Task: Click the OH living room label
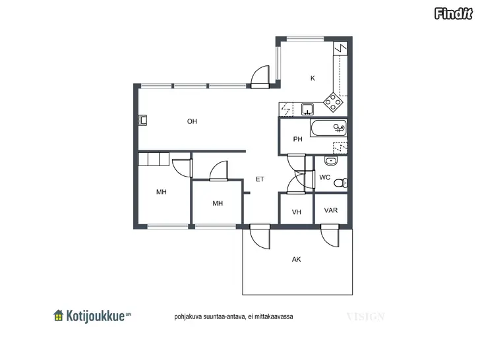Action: pyautogui.click(x=192, y=121)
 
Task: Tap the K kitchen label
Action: pyautogui.click(x=313, y=78)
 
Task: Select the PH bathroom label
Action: pyautogui.click(x=297, y=139)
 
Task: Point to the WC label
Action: pyautogui.click(x=324, y=177)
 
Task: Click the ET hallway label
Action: pyautogui.click(x=260, y=179)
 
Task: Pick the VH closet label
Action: pyautogui.click(x=296, y=212)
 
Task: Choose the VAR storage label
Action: pyautogui.click(x=331, y=210)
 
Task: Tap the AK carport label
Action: pyautogui.click(x=296, y=260)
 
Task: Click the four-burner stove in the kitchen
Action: pyautogui.click(x=333, y=102)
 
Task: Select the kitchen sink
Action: pyautogui.click(x=307, y=109)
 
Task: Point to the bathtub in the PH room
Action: pyautogui.click(x=328, y=128)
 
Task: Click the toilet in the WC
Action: pyautogui.click(x=340, y=183)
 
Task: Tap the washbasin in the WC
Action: pyautogui.click(x=330, y=161)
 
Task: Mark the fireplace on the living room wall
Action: pyautogui.click(x=142, y=120)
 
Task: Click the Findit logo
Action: pyautogui.click(x=454, y=13)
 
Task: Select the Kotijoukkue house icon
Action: pyautogui.click(x=58, y=315)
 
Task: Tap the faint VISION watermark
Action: pyautogui.click(x=365, y=316)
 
